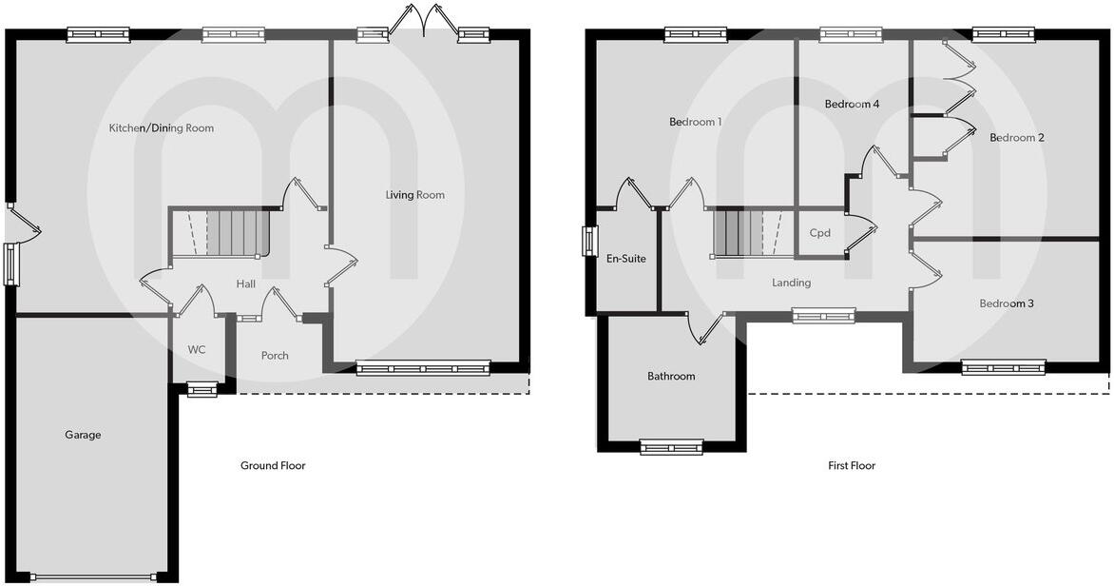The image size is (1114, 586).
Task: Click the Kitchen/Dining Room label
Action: click(161, 127)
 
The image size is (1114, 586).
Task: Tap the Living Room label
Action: click(414, 195)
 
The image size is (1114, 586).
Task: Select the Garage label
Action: click(83, 435)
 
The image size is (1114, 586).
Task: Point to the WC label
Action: click(197, 349)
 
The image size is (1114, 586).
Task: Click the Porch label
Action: click(275, 356)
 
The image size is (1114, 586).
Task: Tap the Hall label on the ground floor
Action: click(246, 283)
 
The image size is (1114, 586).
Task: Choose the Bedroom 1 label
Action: click(696, 122)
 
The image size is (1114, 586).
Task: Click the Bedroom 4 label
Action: click(852, 104)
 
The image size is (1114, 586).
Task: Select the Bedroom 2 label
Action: click(1017, 138)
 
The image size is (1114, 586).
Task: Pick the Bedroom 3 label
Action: click(1007, 303)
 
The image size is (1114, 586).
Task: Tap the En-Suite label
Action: click(626, 258)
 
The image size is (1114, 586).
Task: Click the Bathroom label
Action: click(671, 376)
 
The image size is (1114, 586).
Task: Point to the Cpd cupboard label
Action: click(819, 233)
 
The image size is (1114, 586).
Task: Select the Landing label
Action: click(791, 283)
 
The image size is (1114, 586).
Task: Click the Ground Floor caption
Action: click(273, 465)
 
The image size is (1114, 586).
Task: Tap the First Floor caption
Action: click(852, 465)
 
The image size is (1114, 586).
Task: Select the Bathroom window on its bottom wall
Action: click(671, 446)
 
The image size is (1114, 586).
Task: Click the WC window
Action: click(202, 388)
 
